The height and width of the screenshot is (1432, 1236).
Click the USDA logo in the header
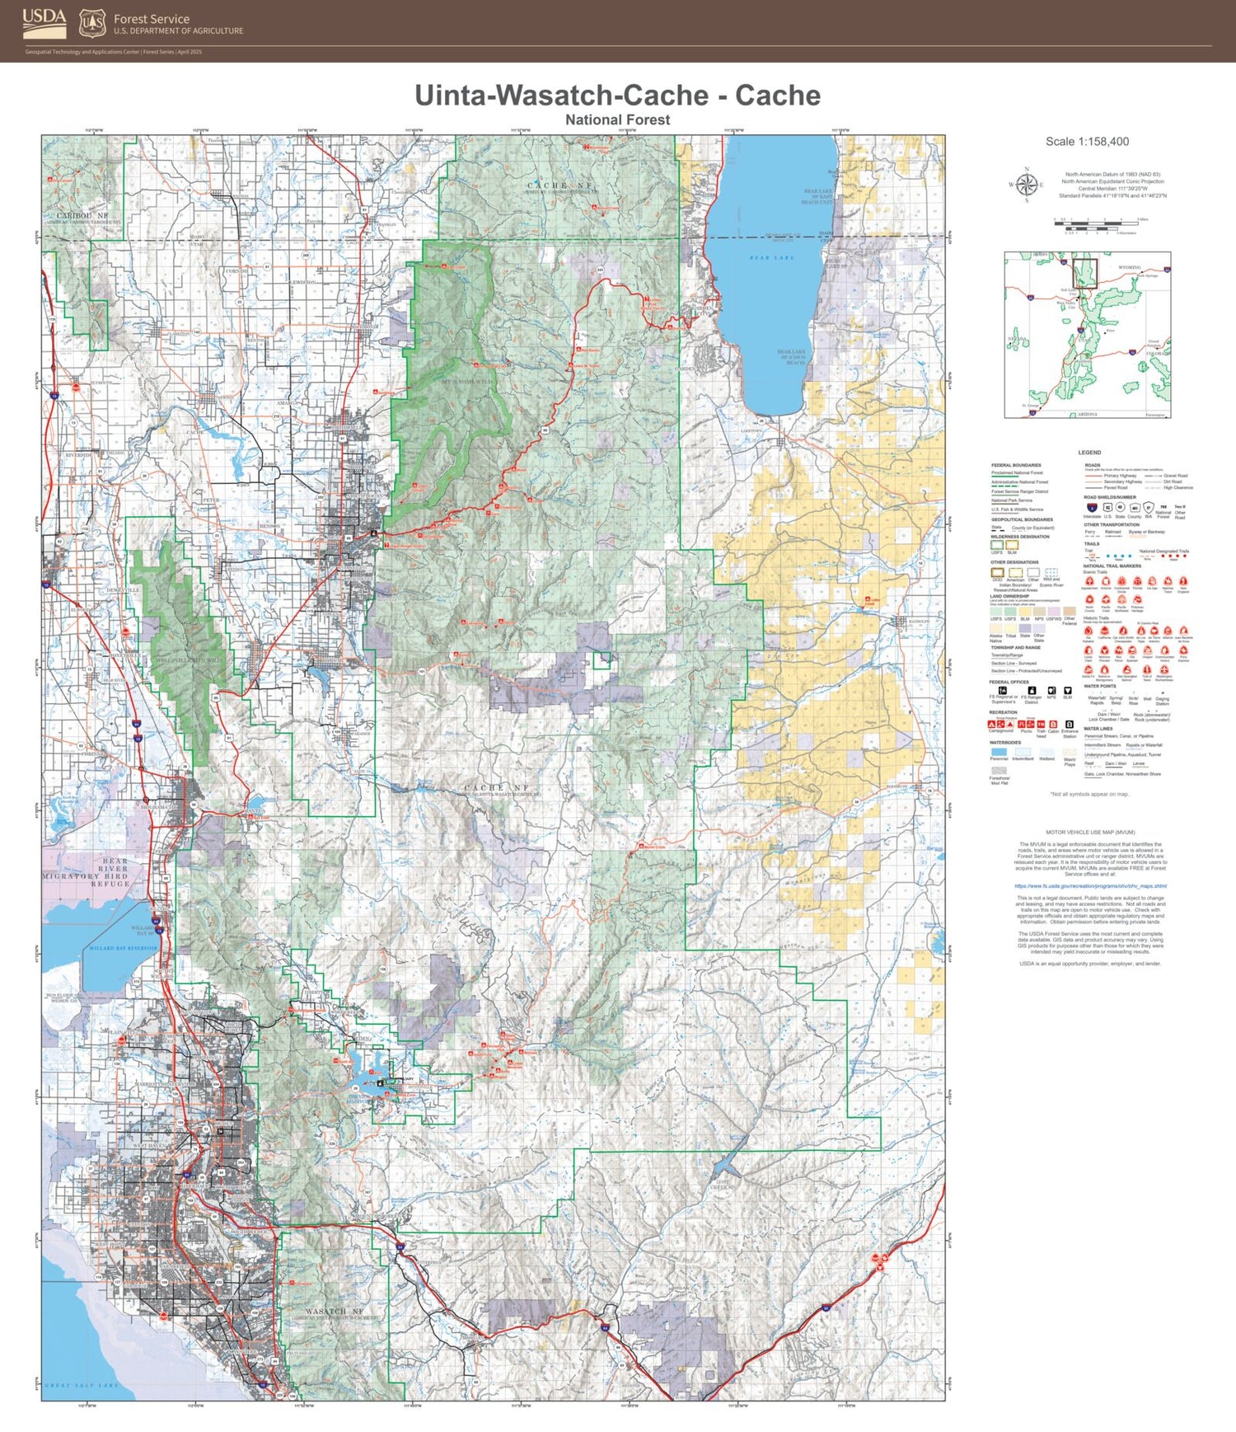tap(44, 23)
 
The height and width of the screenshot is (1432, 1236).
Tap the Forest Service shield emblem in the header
tap(92, 24)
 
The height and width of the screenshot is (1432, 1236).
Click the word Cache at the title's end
tap(777, 96)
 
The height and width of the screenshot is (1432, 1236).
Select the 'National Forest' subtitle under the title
tap(617, 120)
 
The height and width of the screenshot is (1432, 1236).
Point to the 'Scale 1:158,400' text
tap(1087, 142)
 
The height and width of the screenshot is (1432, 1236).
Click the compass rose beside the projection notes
tap(1026, 185)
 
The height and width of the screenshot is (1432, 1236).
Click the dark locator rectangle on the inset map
tap(1084, 272)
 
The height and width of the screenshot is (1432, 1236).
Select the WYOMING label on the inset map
tap(1130, 268)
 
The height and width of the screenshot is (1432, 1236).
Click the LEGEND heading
tap(1089, 453)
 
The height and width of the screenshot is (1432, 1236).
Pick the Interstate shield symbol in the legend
tap(1091, 508)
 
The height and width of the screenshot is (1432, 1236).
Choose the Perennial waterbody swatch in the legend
tap(998, 752)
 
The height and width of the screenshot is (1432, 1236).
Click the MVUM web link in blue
tap(1090, 886)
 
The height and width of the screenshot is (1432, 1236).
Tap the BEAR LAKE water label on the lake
tap(771, 258)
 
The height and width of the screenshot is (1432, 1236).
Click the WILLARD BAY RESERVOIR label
tap(123, 948)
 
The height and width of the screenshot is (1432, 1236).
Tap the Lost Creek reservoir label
tap(721, 1185)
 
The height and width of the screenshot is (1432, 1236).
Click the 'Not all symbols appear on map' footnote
tap(1089, 794)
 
